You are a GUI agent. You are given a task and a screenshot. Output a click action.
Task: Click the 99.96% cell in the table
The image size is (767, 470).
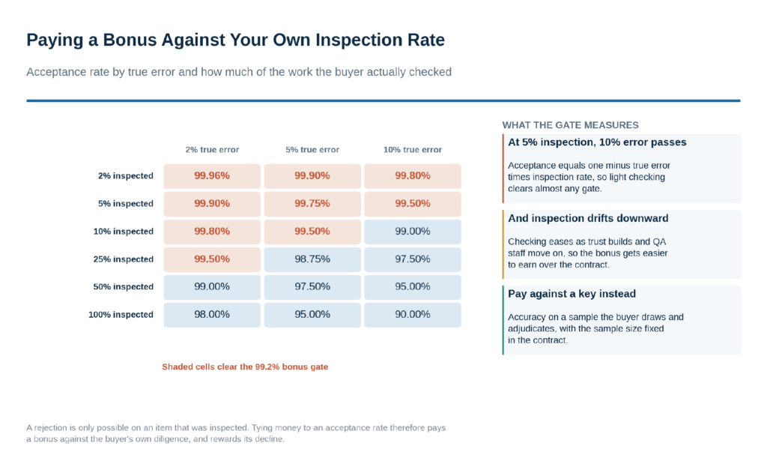[212, 175]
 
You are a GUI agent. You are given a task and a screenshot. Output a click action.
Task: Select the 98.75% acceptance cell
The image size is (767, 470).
[312, 259]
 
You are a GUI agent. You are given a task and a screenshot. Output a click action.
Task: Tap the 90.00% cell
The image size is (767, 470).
[413, 315]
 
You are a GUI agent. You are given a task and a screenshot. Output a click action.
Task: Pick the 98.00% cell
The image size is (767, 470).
[212, 315]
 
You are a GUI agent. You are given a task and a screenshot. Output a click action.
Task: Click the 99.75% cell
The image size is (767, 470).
[312, 204]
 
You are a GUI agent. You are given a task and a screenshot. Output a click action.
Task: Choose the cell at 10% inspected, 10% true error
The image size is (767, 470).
[413, 232]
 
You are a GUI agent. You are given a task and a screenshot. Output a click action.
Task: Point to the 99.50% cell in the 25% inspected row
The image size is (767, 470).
[212, 259]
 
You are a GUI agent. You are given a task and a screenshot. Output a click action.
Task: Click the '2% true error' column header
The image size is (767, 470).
[212, 150]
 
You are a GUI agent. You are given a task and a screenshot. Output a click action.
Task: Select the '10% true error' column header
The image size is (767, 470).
[413, 150]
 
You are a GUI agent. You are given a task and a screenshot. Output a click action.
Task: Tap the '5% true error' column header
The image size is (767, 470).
[312, 150]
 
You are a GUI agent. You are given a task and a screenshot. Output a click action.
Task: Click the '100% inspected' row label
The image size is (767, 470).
[121, 315]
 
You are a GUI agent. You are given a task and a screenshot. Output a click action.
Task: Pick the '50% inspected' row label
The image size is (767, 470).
[124, 287]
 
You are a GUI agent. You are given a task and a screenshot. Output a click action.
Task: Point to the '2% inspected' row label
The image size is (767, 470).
[126, 175]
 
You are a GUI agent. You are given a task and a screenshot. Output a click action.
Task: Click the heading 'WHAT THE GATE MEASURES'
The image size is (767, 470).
[570, 125]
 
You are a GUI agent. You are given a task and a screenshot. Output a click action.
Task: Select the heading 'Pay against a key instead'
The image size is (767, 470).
[572, 294]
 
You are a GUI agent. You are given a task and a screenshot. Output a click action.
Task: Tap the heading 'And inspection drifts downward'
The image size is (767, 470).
[588, 218]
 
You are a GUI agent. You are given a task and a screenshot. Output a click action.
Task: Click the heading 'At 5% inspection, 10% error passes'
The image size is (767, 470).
[597, 142]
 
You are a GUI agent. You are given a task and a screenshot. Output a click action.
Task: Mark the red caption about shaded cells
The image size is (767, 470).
[245, 367]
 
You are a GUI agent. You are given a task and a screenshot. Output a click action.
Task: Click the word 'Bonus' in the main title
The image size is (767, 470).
[129, 40]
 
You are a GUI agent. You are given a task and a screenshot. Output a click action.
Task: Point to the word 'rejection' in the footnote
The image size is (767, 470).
[52, 427]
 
